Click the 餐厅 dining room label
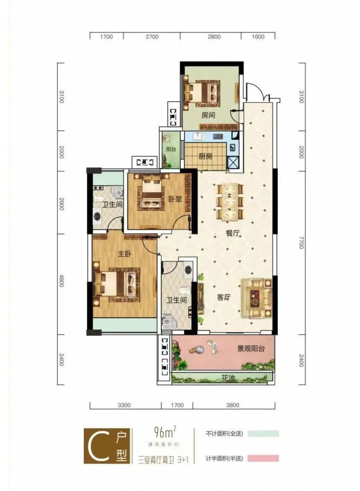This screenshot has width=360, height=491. pyautogui.click(x=233, y=233)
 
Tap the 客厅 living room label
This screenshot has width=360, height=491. pyautogui.click(x=224, y=297)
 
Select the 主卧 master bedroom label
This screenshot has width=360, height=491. pyautogui.click(x=125, y=254)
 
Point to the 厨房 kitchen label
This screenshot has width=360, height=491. pyautogui.click(x=205, y=156)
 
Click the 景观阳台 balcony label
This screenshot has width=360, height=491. pyautogui.click(x=251, y=348)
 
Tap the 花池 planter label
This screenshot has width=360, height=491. pyautogui.click(x=228, y=378)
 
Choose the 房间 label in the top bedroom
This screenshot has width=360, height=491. pyautogui.click(x=208, y=115)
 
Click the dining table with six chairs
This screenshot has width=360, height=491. pyautogui.click(x=231, y=202)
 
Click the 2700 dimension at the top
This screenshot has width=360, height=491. pyautogui.click(x=152, y=37)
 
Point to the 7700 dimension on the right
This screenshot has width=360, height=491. pyautogui.click(x=302, y=243)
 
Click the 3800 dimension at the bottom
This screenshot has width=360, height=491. pyautogui.click(x=233, y=405)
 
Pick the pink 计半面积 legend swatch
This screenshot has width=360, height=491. pyautogui.click(x=263, y=458)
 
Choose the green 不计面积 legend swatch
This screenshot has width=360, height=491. pyautogui.click(x=263, y=434)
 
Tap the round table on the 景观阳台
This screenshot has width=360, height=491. pyautogui.click(x=199, y=348)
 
